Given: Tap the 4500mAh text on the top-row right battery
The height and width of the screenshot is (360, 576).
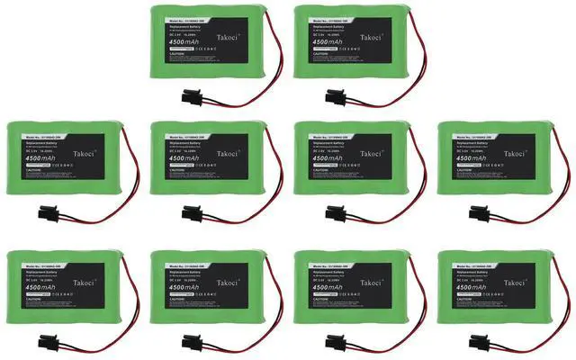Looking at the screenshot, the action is click(325, 39).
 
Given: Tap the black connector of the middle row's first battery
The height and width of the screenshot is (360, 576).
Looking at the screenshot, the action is click(48, 214).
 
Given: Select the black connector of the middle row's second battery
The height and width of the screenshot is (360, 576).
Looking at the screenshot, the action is click(192, 214).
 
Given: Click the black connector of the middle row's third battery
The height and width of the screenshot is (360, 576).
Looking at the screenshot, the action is click(337, 214).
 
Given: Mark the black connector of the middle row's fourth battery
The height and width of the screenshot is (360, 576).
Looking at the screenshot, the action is click(480, 214).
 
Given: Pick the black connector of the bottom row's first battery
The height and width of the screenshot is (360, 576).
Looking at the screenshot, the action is click(48, 342).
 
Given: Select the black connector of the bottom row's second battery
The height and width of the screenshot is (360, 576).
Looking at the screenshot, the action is click(192, 342).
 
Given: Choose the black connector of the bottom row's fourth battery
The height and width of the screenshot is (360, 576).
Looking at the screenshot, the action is click(480, 342).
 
